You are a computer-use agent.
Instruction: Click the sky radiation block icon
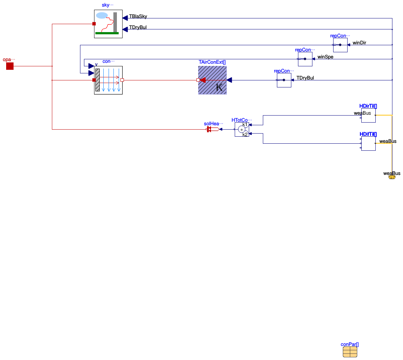tap(108, 24)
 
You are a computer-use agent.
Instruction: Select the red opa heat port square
tap(10, 66)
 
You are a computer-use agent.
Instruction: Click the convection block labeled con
tap(108, 80)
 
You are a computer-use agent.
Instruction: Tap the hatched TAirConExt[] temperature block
tap(212, 80)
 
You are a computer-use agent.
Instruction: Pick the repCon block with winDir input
tap(340, 45)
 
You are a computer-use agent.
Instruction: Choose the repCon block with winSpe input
tap(305, 59)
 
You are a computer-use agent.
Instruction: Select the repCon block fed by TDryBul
tap(284, 80)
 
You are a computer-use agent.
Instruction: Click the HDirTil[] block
tap(368, 115)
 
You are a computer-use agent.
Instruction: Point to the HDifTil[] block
tap(368, 143)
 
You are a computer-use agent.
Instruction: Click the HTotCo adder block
tap(242, 129)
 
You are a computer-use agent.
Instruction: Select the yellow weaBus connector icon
tap(392, 177)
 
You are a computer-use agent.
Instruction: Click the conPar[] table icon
tap(350, 352)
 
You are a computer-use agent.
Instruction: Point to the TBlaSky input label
tap(138, 16)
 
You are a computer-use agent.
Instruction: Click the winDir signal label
tap(359, 43)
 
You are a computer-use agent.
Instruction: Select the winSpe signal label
tap(325, 57)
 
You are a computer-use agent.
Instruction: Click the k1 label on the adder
tap(245, 125)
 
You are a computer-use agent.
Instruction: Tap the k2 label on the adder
tap(245, 134)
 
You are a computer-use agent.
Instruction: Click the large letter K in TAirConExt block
tap(219, 87)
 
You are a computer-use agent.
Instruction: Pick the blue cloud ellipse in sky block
tap(102, 15)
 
